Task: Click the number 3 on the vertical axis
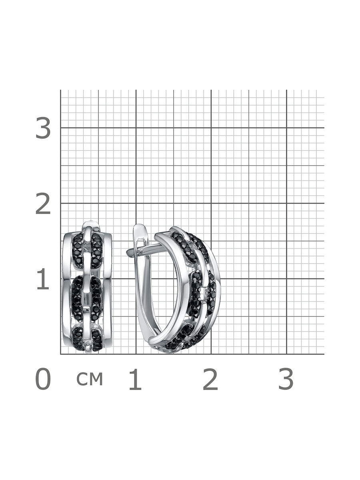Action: tap(43, 128)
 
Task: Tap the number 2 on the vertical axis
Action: tap(43, 203)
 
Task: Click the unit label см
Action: tap(90, 378)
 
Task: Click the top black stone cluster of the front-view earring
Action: tap(87, 251)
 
